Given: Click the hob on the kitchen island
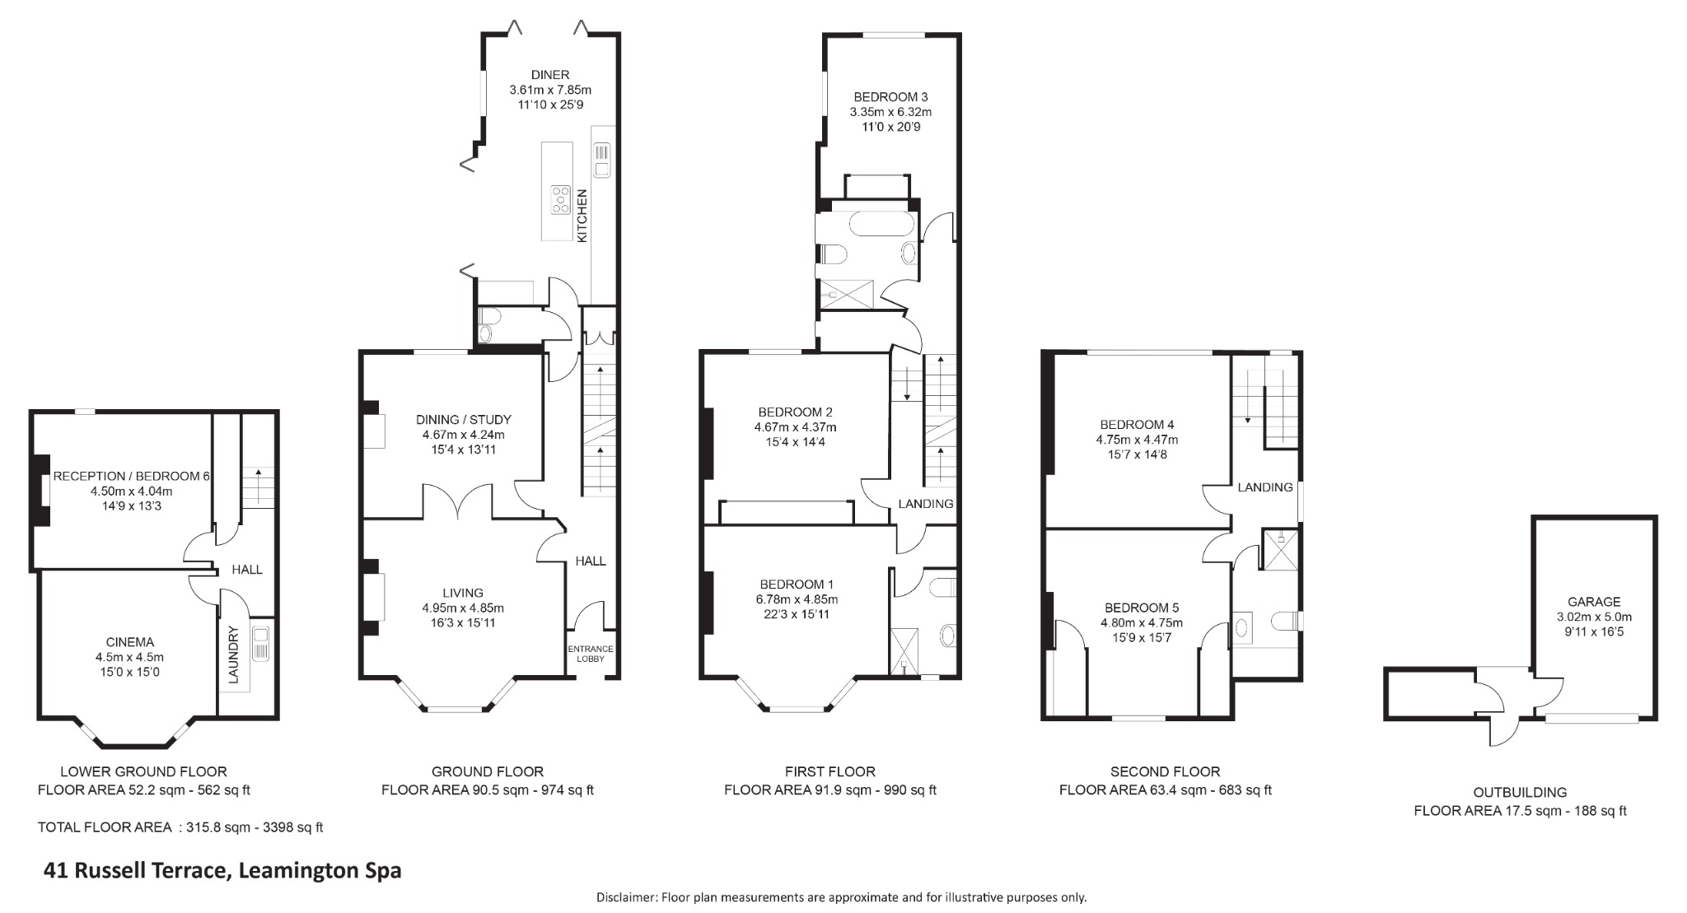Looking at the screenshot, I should pos(561,200).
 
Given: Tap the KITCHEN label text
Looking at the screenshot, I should pos(582,216).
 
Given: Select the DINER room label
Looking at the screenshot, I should pos(549,75).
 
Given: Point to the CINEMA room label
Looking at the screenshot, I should pos(129,642).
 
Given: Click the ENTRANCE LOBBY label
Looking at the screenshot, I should pos(591,654).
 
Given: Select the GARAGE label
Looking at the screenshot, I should pos(1594,602).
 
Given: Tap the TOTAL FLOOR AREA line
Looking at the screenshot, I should pos(180,827).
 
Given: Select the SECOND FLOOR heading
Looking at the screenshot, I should pos(1165,771).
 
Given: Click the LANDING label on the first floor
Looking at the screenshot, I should pos(925,504).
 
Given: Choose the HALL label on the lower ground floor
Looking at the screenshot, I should pos(246,570).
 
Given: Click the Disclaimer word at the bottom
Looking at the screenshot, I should pos(626,897).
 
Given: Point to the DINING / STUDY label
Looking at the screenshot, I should pos(463,419).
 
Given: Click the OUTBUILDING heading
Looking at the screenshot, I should pos(1520,792).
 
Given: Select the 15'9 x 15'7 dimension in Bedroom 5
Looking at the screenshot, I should pos(1141,637).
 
